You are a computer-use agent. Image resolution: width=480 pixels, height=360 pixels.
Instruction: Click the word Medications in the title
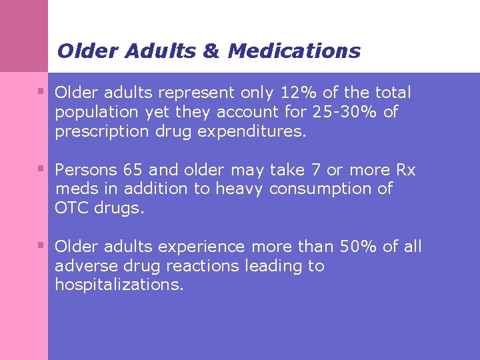(x=293, y=51)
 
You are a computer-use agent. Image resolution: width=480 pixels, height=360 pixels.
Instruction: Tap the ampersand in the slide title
(x=210, y=51)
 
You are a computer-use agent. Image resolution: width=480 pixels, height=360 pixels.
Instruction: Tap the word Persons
(x=81, y=170)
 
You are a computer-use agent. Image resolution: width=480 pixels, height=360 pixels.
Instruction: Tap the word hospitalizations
(x=119, y=285)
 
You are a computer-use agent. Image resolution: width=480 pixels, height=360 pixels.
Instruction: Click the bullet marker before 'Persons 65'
(x=41, y=168)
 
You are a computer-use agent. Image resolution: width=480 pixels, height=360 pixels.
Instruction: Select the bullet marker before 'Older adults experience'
(x=41, y=245)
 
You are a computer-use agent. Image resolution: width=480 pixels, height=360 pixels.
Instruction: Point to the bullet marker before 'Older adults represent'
(x=41, y=91)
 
